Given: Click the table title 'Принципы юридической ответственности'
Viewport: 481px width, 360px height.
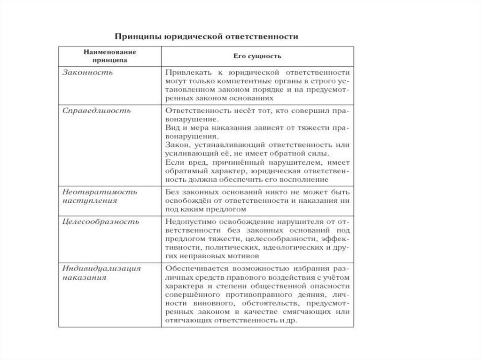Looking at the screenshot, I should pos(207,37).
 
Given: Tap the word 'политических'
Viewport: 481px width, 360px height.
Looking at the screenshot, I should pos(231,247).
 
